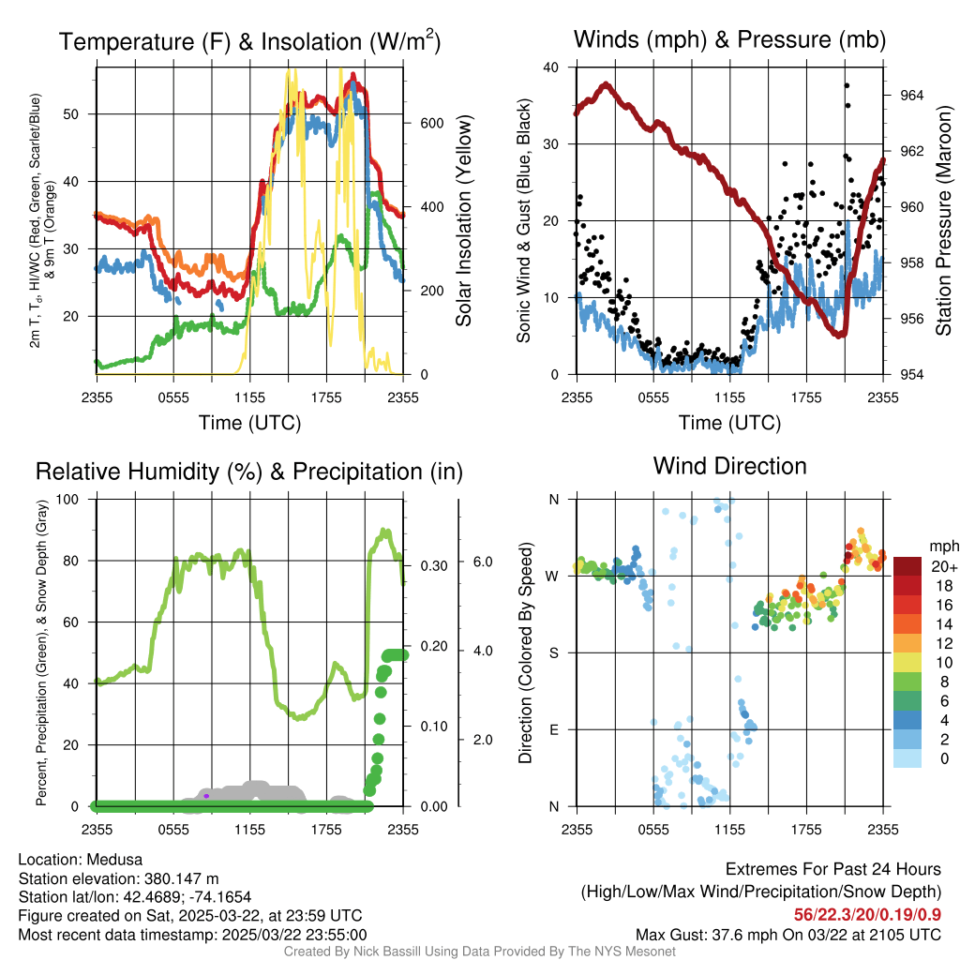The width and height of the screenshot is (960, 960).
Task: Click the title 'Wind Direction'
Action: (729, 466)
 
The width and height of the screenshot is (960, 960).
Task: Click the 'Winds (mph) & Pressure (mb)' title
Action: (729, 39)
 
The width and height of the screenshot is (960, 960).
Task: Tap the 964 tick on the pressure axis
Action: (912, 96)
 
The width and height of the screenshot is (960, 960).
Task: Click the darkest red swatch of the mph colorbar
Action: (907, 566)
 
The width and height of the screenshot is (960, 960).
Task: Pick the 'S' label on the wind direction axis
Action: (554, 652)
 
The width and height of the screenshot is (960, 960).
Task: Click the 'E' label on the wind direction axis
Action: (554, 729)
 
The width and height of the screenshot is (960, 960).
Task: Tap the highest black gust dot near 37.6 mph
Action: (847, 85)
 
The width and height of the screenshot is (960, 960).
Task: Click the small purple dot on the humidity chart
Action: (206, 796)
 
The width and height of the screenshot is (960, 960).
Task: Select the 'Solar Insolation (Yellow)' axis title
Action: (463, 221)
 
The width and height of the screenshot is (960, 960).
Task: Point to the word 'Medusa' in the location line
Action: (115, 860)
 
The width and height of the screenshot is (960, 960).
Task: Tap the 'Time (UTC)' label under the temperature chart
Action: (249, 423)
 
